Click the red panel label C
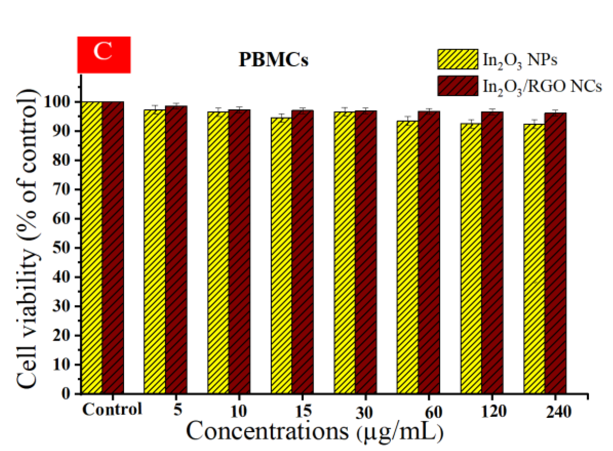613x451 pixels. point(104,55)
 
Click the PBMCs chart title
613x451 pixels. point(273,60)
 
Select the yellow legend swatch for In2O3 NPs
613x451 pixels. point(458,59)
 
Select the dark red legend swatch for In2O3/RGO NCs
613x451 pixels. point(458,86)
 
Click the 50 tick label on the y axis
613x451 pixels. point(62,248)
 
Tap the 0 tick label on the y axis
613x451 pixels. point(66,394)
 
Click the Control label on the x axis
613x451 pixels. point(112,409)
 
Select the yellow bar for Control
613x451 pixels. point(92,248)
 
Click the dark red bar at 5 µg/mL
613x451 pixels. point(176,249)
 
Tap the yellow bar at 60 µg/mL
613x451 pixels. point(407,256)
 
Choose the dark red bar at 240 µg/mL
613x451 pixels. point(555,253)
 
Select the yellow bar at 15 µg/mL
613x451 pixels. point(281,256)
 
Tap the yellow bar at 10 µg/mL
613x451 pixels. point(218,253)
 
